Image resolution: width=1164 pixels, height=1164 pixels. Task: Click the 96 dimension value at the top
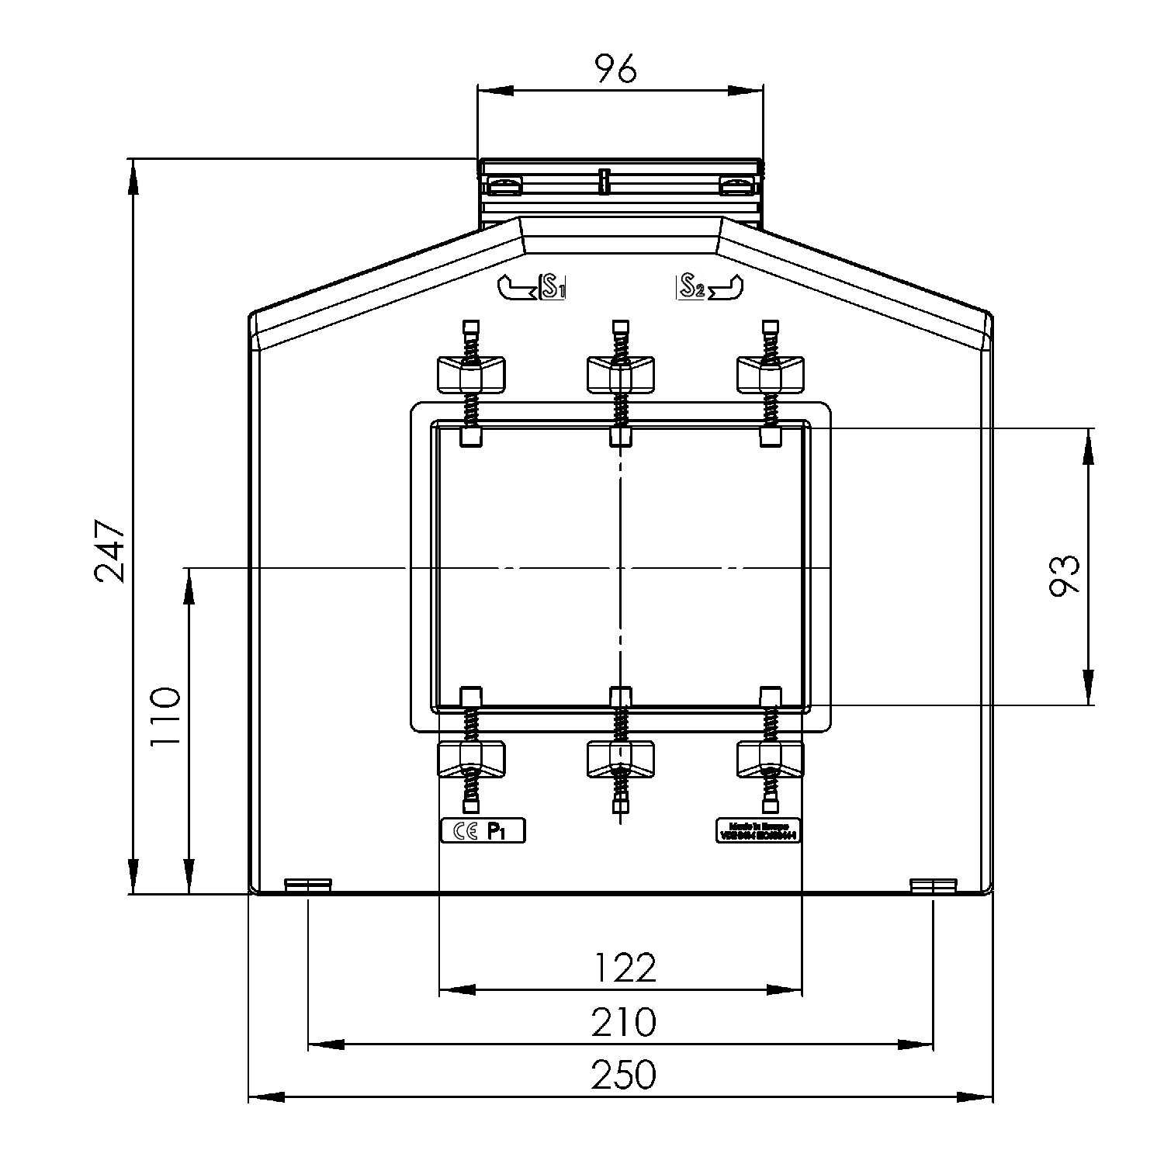tap(616, 69)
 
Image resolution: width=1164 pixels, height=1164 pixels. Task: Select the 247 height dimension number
tap(109, 550)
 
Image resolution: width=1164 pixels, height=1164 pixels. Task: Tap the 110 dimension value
tap(165, 715)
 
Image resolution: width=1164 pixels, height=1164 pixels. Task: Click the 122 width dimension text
tap(625, 968)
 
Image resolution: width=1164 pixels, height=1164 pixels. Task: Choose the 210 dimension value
tap(623, 1022)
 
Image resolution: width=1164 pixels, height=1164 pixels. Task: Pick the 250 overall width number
tap(623, 1075)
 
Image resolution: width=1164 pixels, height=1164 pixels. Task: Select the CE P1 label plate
tap(483, 832)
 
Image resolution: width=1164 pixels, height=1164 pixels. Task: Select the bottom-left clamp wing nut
tap(471, 758)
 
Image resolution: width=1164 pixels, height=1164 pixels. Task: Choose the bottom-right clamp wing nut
tap(770, 758)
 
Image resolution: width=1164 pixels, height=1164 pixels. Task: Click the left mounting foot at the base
tap(308, 885)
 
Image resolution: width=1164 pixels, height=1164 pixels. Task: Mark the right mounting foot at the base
tap(933, 885)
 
